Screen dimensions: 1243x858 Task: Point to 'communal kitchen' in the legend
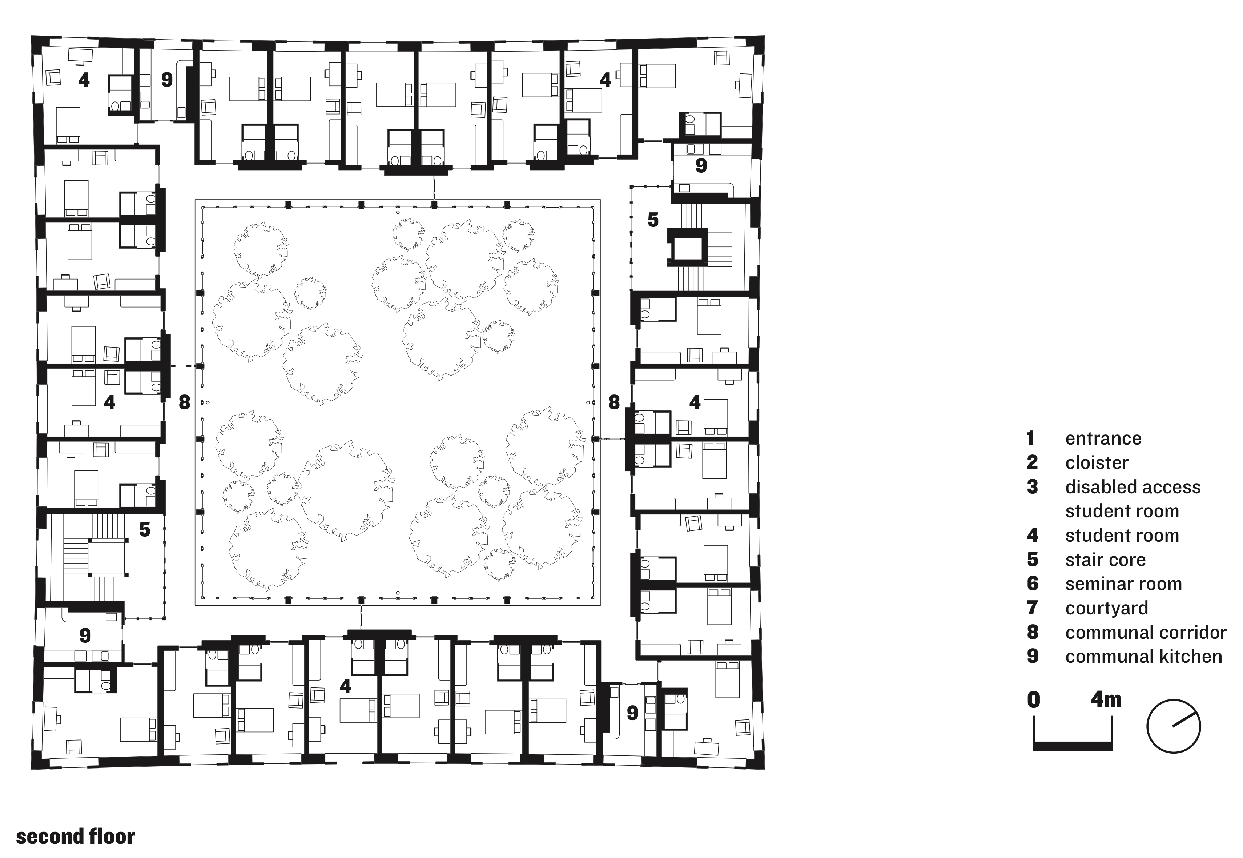(x=1143, y=656)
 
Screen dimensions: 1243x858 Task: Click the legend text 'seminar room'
(x=1123, y=584)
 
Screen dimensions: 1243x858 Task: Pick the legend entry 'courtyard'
(x=1106, y=608)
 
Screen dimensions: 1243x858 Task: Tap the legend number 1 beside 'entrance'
(x=1030, y=438)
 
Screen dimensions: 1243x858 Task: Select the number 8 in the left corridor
(x=184, y=402)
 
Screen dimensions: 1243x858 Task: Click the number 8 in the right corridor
(x=614, y=402)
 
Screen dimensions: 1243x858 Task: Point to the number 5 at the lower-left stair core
(x=145, y=530)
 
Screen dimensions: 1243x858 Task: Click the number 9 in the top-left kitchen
(x=167, y=80)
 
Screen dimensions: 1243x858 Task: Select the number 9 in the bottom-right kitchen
(x=632, y=713)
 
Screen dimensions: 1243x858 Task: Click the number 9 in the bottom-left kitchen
(x=85, y=636)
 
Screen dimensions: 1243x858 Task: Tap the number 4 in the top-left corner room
(x=84, y=80)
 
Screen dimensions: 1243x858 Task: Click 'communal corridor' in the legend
(x=1146, y=632)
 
